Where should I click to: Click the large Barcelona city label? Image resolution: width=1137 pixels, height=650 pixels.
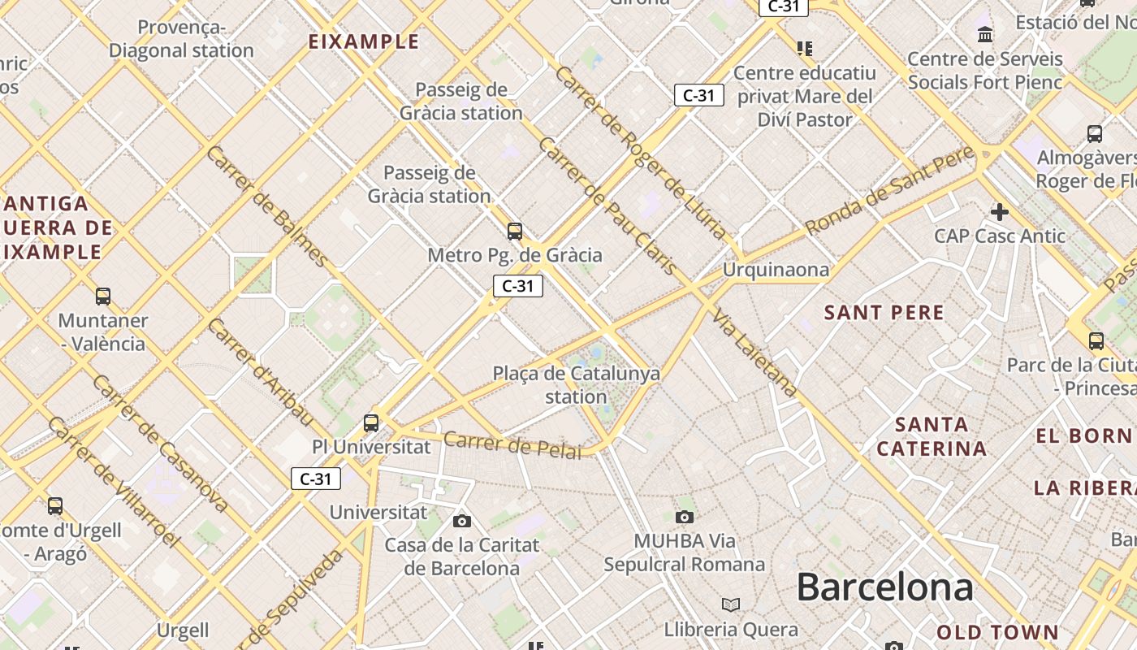click(x=884, y=587)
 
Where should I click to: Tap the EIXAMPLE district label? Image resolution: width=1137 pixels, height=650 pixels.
click(x=364, y=41)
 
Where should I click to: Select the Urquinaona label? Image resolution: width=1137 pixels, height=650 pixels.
click(x=776, y=269)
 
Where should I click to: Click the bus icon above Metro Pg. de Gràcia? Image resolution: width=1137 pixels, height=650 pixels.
click(x=515, y=232)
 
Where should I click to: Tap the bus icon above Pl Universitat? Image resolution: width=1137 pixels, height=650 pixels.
click(x=371, y=422)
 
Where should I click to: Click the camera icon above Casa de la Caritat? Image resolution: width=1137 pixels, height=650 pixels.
click(x=462, y=521)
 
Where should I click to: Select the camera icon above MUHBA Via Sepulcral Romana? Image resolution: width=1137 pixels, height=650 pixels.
click(x=685, y=517)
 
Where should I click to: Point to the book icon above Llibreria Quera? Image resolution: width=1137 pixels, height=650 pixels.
click(x=731, y=604)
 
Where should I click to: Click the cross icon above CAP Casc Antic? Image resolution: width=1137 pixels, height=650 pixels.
click(x=1000, y=212)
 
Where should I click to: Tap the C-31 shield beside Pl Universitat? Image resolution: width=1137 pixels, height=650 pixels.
click(x=316, y=479)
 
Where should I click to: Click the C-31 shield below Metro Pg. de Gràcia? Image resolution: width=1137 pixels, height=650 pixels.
click(x=518, y=286)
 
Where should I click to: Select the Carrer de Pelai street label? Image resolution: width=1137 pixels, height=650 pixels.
click(x=512, y=445)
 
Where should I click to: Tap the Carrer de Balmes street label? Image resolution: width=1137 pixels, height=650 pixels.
click(x=267, y=207)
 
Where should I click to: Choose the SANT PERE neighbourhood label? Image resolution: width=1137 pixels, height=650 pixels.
click(x=884, y=313)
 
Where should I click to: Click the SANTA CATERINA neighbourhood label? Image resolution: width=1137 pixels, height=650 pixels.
click(x=932, y=436)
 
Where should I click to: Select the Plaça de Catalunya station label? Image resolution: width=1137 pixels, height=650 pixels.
click(x=576, y=385)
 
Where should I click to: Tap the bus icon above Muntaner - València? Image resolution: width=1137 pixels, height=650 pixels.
click(x=103, y=297)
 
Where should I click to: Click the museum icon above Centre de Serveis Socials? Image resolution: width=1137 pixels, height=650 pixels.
click(x=986, y=34)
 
